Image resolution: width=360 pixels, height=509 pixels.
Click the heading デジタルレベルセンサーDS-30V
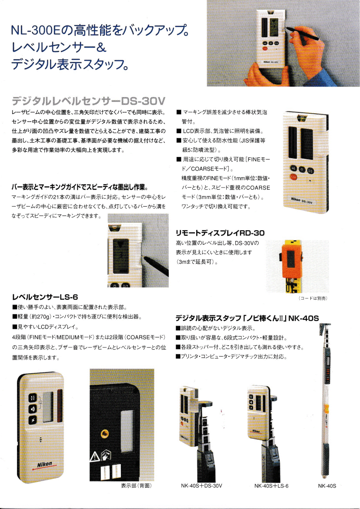(x=88, y=101)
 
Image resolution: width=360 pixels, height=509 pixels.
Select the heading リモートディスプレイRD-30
(x=220, y=233)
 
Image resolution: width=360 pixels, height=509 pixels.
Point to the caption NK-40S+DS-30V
(x=202, y=486)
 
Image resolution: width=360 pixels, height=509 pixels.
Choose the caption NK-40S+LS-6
(x=271, y=486)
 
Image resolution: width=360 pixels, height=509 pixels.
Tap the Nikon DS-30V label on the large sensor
(x=302, y=200)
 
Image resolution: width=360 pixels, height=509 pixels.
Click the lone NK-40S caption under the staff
(x=327, y=486)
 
